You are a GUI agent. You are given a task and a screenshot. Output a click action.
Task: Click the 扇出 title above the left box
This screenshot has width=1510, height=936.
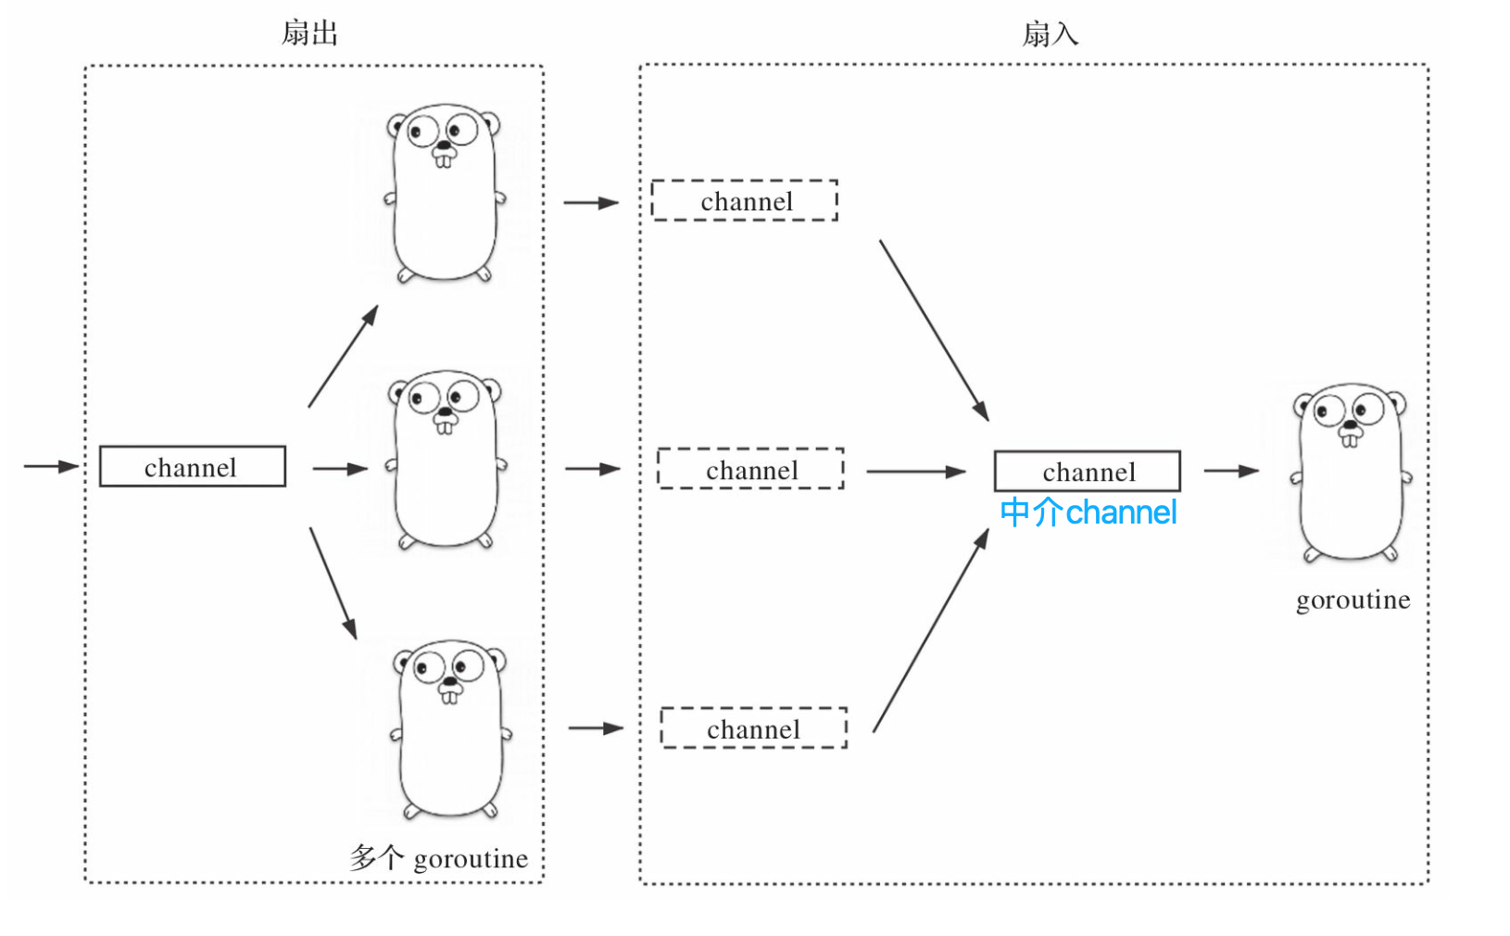coord(309,33)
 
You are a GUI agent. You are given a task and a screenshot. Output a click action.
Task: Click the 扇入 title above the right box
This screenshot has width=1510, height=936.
coord(1051,33)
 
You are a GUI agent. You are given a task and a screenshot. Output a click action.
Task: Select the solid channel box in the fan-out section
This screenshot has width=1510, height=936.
coord(193,466)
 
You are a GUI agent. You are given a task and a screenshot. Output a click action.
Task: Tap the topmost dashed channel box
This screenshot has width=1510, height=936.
coord(745,200)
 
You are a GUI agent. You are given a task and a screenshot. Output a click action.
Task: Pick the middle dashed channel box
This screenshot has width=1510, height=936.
coord(751,469)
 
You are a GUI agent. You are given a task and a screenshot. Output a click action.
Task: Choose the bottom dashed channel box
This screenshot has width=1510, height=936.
coord(754,727)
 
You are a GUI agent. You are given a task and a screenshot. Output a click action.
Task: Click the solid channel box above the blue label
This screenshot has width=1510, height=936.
coord(1088,471)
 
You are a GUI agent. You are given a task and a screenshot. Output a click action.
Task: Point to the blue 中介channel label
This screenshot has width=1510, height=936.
coord(1088,512)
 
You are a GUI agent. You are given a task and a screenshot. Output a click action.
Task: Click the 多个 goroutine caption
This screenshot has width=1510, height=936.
coord(439,858)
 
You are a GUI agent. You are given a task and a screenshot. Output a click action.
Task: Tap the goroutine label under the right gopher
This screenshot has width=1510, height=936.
coord(1353,600)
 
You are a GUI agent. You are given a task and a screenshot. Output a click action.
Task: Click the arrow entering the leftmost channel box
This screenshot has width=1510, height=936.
coord(51,466)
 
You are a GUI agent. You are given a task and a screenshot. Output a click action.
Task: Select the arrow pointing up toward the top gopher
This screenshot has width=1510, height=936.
coord(343,356)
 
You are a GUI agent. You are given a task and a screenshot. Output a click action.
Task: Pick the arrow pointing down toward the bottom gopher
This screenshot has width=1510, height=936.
coord(333,583)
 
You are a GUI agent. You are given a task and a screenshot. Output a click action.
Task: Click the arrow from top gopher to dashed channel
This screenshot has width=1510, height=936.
coord(591,202)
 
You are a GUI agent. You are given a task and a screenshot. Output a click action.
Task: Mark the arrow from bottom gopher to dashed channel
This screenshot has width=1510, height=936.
coord(596,728)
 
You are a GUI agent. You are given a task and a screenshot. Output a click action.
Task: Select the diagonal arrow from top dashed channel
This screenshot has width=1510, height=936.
coord(935,331)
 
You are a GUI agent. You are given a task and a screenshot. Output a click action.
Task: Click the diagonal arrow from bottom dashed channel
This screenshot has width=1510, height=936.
coord(931,630)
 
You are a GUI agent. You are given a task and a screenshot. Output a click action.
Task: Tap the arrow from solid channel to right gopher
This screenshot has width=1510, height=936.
coord(1231,471)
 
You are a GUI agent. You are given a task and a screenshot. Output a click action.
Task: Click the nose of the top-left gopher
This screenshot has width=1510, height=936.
coord(444,145)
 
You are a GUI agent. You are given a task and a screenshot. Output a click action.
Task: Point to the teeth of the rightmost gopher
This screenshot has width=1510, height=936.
coord(1350,440)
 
